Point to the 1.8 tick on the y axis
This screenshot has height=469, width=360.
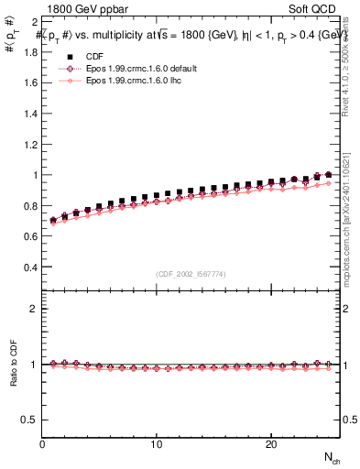[x=30, y=51]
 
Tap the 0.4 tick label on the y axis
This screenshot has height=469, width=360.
[x=30, y=267]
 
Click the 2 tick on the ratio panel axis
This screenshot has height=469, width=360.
[x=34, y=309]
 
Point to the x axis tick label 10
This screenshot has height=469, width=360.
[x=157, y=444]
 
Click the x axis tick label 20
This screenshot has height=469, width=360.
[x=271, y=444]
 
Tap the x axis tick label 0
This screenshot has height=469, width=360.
[x=42, y=444]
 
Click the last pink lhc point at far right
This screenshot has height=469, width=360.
[x=328, y=183]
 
